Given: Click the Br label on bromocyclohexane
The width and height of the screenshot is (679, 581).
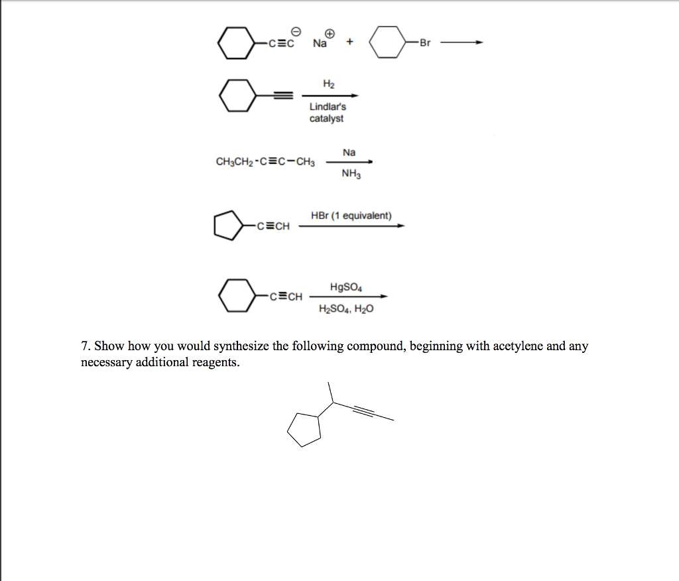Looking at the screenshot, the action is pyautogui.click(x=425, y=43).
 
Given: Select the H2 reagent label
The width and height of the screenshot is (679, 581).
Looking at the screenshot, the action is pyautogui.click(x=328, y=84).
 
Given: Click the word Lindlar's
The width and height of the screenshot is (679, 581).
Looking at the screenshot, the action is pyautogui.click(x=328, y=106).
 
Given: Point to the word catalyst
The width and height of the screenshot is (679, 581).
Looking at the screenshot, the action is pyautogui.click(x=326, y=118).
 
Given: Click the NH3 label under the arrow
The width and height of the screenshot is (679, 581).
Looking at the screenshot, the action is pyautogui.click(x=350, y=174).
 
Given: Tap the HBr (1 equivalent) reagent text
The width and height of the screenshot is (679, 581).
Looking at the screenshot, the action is pyautogui.click(x=351, y=216).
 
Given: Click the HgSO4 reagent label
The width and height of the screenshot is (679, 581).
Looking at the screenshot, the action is pyautogui.click(x=345, y=287).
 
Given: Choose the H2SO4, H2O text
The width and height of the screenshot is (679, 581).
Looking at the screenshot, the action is pyautogui.click(x=345, y=308).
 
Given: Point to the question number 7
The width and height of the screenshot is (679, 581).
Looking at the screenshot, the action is pyautogui.click(x=85, y=346).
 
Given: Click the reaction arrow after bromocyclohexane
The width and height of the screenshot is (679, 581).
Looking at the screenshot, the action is pyautogui.click(x=462, y=43).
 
